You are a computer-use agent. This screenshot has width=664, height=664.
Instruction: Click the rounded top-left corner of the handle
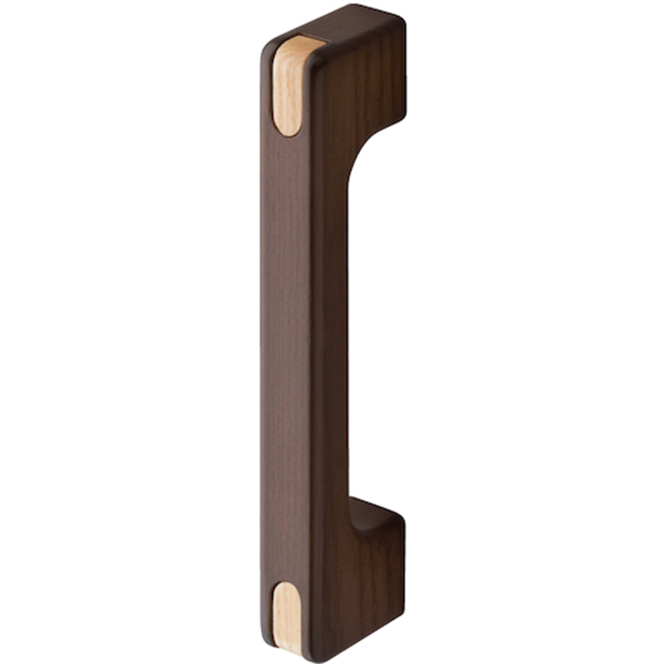(x=267, y=46)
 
